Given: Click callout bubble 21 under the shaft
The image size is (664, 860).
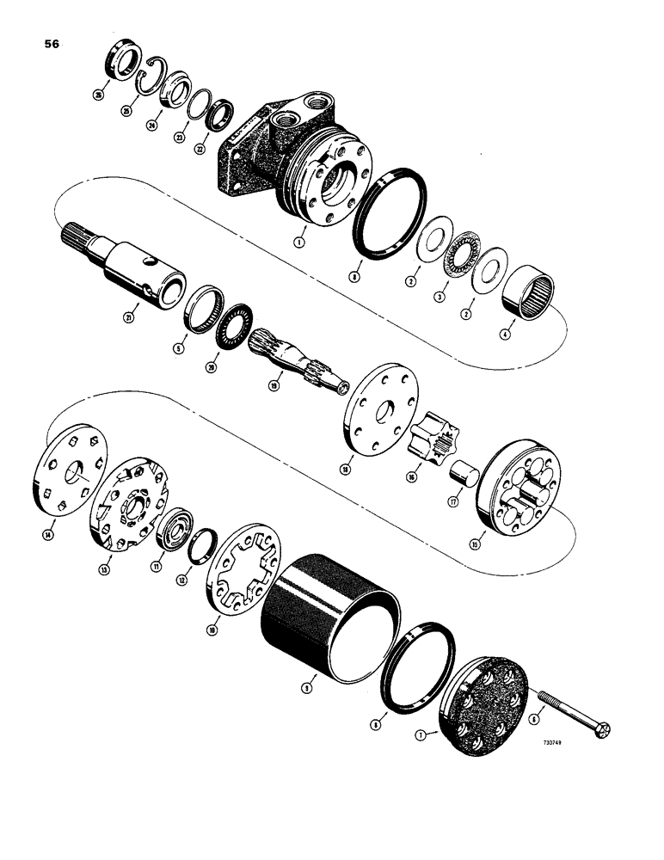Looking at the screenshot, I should click(x=129, y=317).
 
